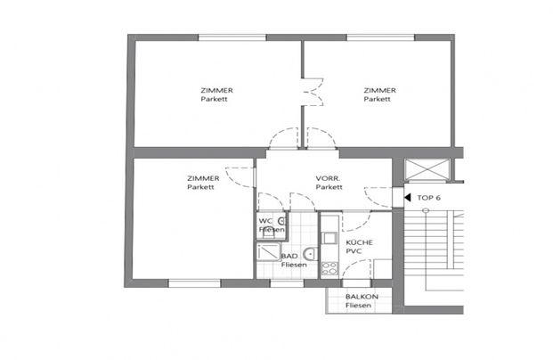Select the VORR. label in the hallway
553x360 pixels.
[329, 178]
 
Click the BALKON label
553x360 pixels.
[362, 297]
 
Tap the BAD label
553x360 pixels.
[289, 257]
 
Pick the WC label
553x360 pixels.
[264, 221]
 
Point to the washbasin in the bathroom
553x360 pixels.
[306, 251]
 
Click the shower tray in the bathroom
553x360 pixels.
[268, 258]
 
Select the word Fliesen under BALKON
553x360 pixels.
[361, 307]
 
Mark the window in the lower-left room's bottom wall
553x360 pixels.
[194, 283]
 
